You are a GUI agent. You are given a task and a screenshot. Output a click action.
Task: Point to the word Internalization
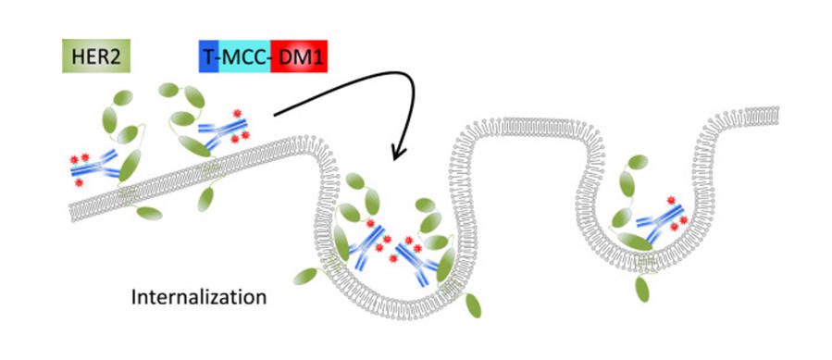pyautogui.click(x=200, y=298)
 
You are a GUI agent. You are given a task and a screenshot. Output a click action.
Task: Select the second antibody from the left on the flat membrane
pyautogui.click(x=217, y=134)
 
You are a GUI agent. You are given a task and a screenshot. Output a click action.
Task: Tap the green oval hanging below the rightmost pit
pyautogui.click(x=640, y=290)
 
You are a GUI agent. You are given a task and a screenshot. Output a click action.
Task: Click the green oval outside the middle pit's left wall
pyautogui.click(x=305, y=277)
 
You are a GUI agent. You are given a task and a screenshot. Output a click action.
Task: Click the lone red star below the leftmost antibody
pyautogui.click(x=79, y=183)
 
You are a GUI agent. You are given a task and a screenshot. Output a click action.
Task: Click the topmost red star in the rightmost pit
pyautogui.click(x=668, y=199)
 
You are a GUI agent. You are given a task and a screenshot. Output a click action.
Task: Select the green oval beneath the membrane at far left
pyautogui.click(x=149, y=213)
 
